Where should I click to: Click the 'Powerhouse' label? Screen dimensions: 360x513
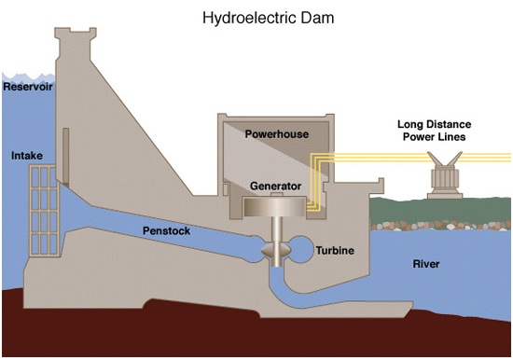point(276,134)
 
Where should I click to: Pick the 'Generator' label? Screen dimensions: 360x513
point(278,185)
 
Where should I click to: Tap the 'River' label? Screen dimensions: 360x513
point(425,264)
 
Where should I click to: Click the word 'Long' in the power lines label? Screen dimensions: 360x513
point(410,123)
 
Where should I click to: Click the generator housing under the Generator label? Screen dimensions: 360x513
point(278,206)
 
